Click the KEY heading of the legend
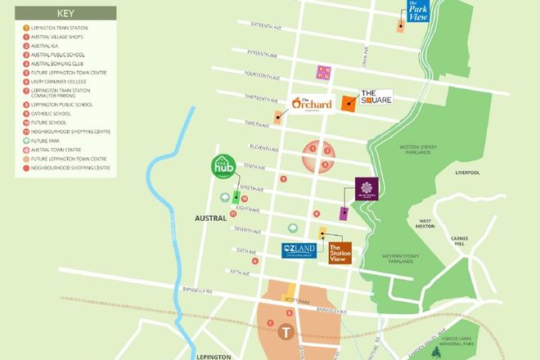65,14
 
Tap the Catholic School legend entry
51,114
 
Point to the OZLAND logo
298,250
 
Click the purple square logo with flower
366,191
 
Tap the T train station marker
285,331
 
